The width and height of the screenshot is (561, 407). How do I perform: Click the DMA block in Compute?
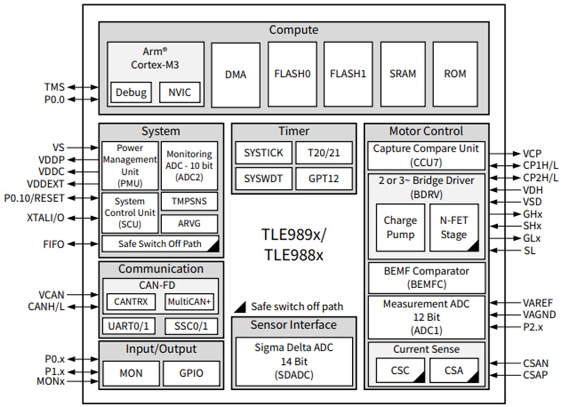(x=236, y=75)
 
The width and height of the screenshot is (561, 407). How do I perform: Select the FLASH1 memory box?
(x=348, y=74)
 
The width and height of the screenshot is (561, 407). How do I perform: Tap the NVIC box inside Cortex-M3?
(x=180, y=92)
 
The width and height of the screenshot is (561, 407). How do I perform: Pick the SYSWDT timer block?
(x=263, y=179)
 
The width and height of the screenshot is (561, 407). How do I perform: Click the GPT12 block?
(x=325, y=179)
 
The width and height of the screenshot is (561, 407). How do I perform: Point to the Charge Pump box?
(x=400, y=227)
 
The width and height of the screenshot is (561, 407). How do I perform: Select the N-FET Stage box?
(x=454, y=227)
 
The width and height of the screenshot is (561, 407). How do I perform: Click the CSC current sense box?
(x=399, y=371)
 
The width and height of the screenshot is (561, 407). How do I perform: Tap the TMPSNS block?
(x=189, y=201)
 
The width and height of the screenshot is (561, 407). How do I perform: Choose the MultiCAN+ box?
(x=189, y=302)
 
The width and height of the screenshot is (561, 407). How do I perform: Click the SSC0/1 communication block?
(x=191, y=326)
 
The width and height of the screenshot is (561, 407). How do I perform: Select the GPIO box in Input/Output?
(x=191, y=373)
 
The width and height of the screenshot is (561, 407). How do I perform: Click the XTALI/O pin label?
(x=45, y=217)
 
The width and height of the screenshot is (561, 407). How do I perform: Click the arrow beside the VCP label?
(x=501, y=153)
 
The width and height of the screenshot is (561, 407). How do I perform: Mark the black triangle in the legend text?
(x=240, y=306)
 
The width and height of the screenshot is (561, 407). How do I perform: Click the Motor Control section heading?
(x=426, y=131)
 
